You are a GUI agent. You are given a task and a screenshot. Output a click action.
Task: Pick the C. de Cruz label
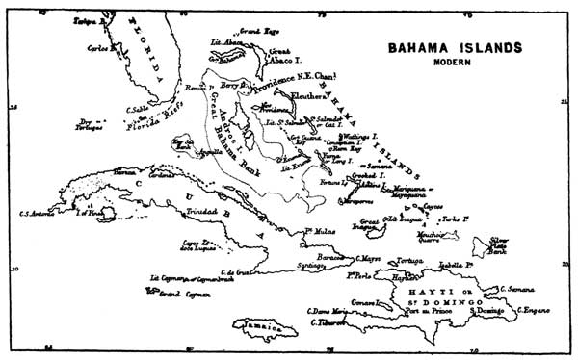[x=235, y=272]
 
